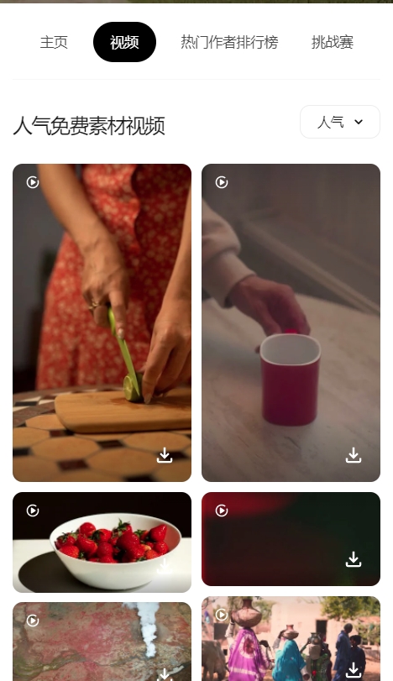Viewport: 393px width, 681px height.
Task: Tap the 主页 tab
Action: (x=54, y=42)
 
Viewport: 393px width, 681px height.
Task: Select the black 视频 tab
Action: (x=124, y=42)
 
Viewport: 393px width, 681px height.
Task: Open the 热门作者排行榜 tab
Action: (x=229, y=42)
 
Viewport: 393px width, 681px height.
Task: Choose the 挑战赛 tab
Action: (x=333, y=42)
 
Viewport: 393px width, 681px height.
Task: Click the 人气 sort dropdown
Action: (x=340, y=122)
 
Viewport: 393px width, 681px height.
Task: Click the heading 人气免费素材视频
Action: (x=89, y=126)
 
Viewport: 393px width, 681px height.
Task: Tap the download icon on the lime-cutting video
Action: (x=165, y=456)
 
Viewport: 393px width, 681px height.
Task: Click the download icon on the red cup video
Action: (x=354, y=456)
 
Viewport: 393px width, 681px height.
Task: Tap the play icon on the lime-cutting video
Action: (x=33, y=182)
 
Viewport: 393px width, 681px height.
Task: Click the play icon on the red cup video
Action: (x=222, y=182)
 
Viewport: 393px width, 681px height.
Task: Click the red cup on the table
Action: (x=290, y=379)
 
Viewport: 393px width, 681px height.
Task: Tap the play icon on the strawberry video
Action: (x=33, y=511)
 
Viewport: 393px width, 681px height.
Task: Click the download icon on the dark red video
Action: (x=354, y=559)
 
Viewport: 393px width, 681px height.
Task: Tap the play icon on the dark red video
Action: (x=222, y=511)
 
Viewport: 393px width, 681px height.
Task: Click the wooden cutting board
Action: (x=123, y=411)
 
